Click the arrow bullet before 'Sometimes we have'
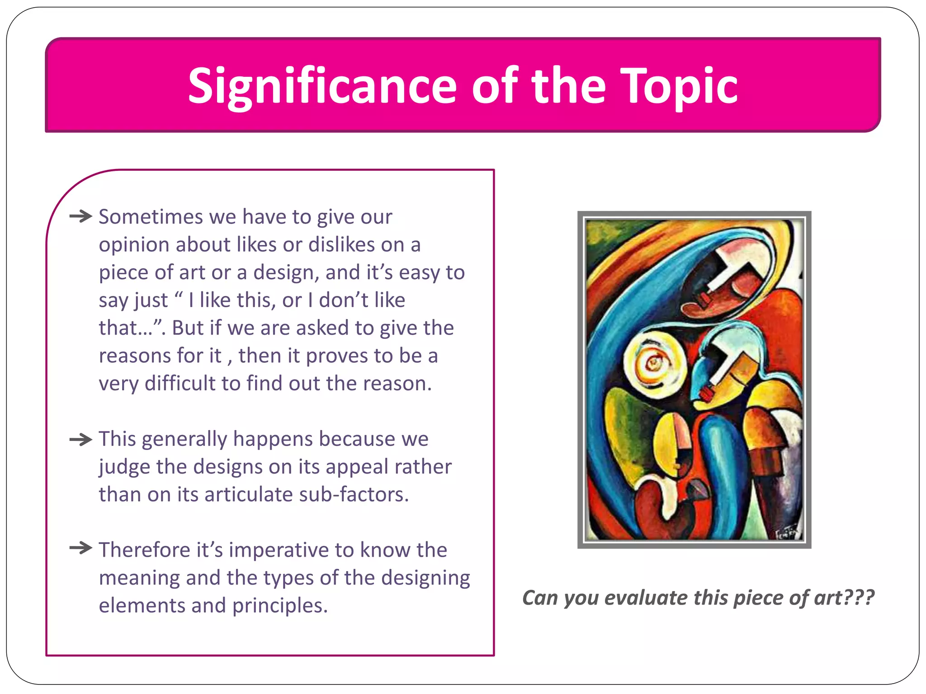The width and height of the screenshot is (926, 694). click(81, 216)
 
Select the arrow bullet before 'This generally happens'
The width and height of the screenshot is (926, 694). click(81, 439)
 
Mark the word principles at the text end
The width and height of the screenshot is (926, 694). click(280, 606)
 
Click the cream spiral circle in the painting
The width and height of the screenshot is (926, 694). click(653, 361)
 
